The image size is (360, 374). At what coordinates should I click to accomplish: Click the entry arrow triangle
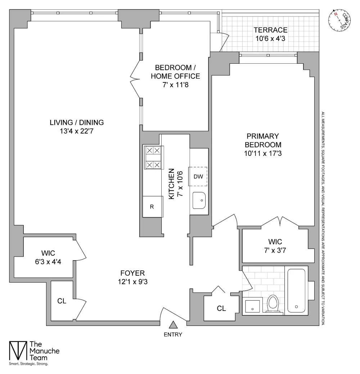point(173,325)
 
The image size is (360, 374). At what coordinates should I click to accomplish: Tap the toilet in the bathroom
point(273,304)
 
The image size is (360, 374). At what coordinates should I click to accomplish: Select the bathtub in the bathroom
point(296,291)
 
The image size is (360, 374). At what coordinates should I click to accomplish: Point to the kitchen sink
point(199,200)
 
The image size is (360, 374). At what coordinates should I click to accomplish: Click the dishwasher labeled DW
point(198,176)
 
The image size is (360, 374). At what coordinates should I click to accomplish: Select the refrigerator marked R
point(152,207)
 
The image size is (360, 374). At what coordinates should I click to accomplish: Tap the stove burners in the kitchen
point(153,158)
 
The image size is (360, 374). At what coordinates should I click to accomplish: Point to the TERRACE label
point(270,30)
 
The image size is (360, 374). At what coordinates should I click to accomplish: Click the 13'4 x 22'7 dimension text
point(76,131)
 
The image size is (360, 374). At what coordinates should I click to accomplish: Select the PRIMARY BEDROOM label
point(263,140)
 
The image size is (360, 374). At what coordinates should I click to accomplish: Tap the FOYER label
point(132,273)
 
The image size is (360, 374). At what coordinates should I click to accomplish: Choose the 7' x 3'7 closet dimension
point(275,250)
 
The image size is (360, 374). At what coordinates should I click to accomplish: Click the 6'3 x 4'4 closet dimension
point(48,262)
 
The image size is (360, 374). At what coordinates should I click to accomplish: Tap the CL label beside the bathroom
point(221,308)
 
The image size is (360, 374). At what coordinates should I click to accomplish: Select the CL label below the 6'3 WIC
point(62,301)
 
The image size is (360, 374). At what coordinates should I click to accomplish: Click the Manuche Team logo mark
point(18,351)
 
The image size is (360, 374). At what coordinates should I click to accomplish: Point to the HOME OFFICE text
point(175,76)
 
